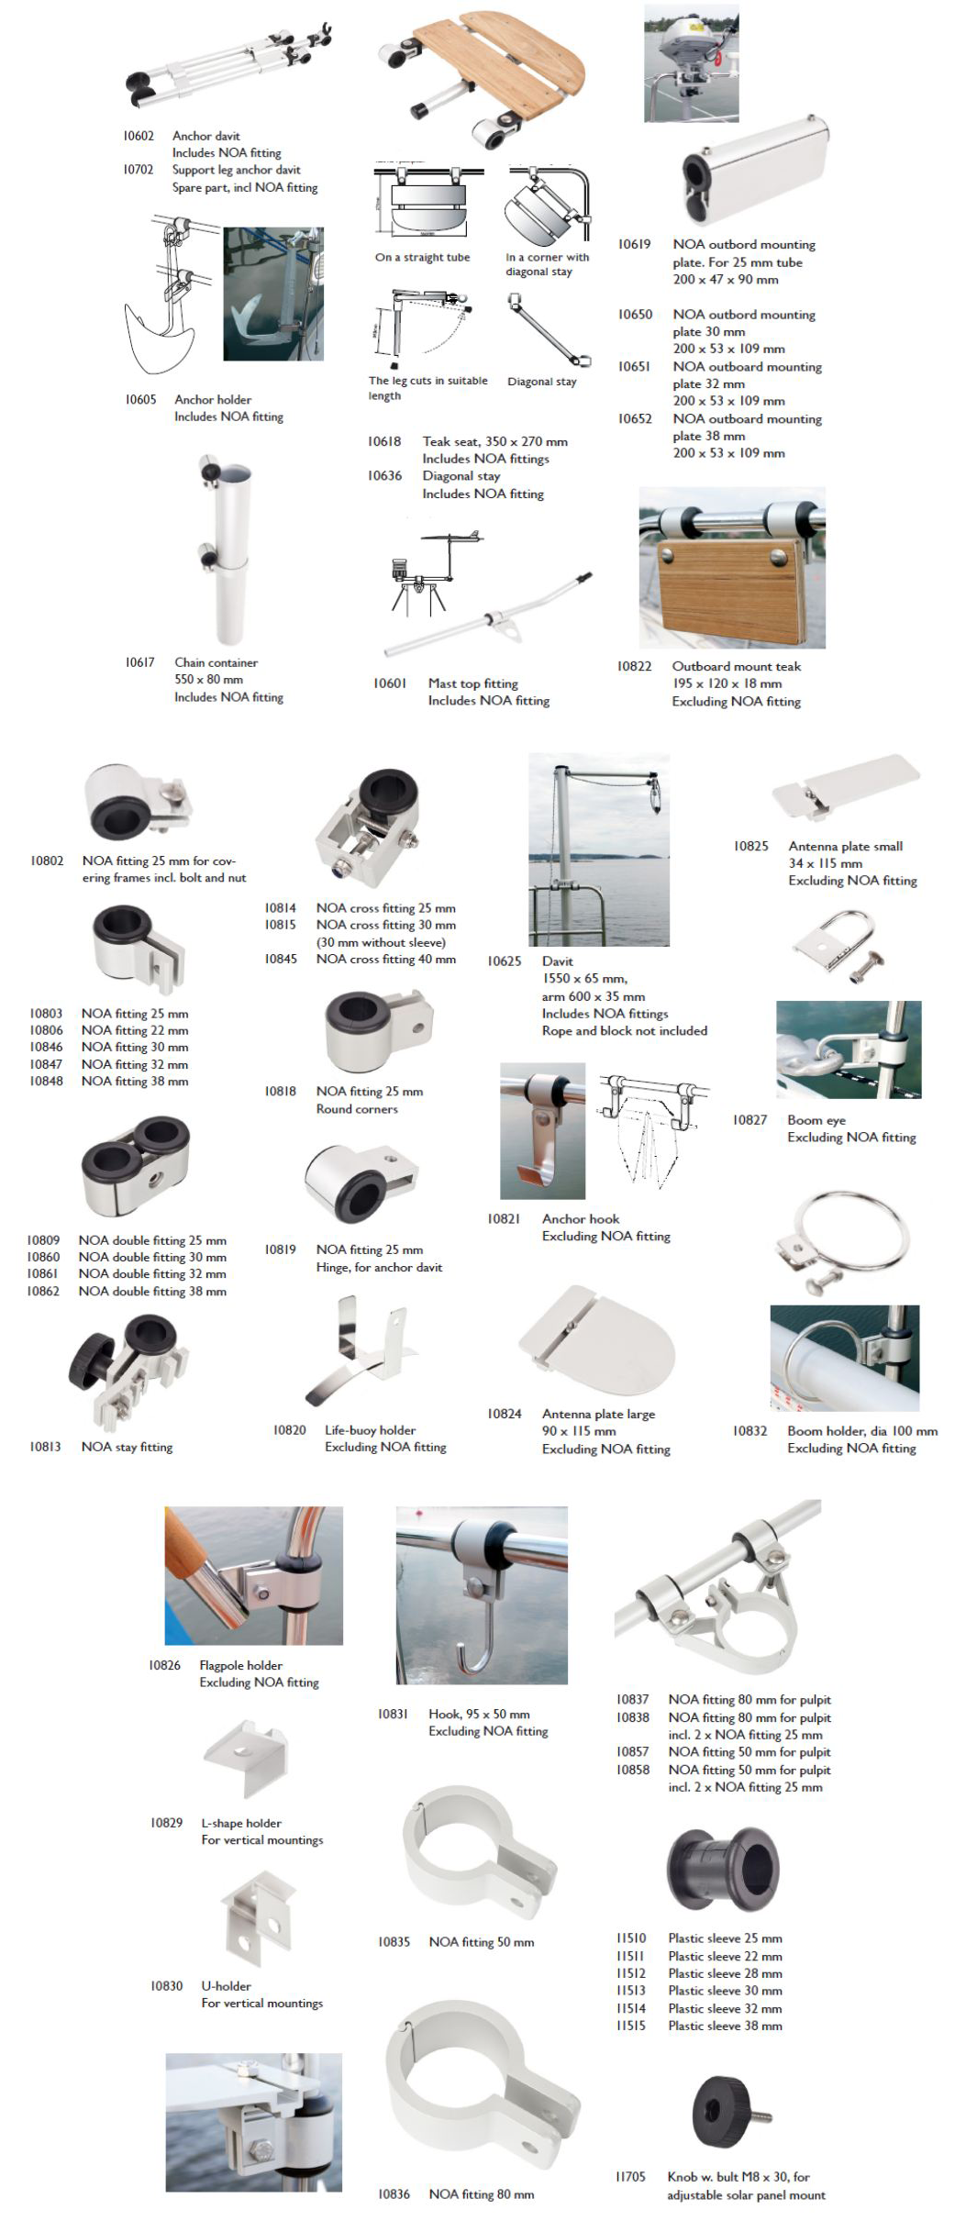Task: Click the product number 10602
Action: click(139, 136)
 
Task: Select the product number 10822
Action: click(634, 666)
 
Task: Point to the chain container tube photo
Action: click(222, 550)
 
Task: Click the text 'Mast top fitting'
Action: click(472, 683)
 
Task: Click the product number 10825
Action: click(750, 846)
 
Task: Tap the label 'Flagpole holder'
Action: click(240, 1665)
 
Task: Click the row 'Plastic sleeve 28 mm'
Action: click(725, 1973)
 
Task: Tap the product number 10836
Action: click(394, 2194)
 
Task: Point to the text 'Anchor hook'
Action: click(580, 1219)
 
